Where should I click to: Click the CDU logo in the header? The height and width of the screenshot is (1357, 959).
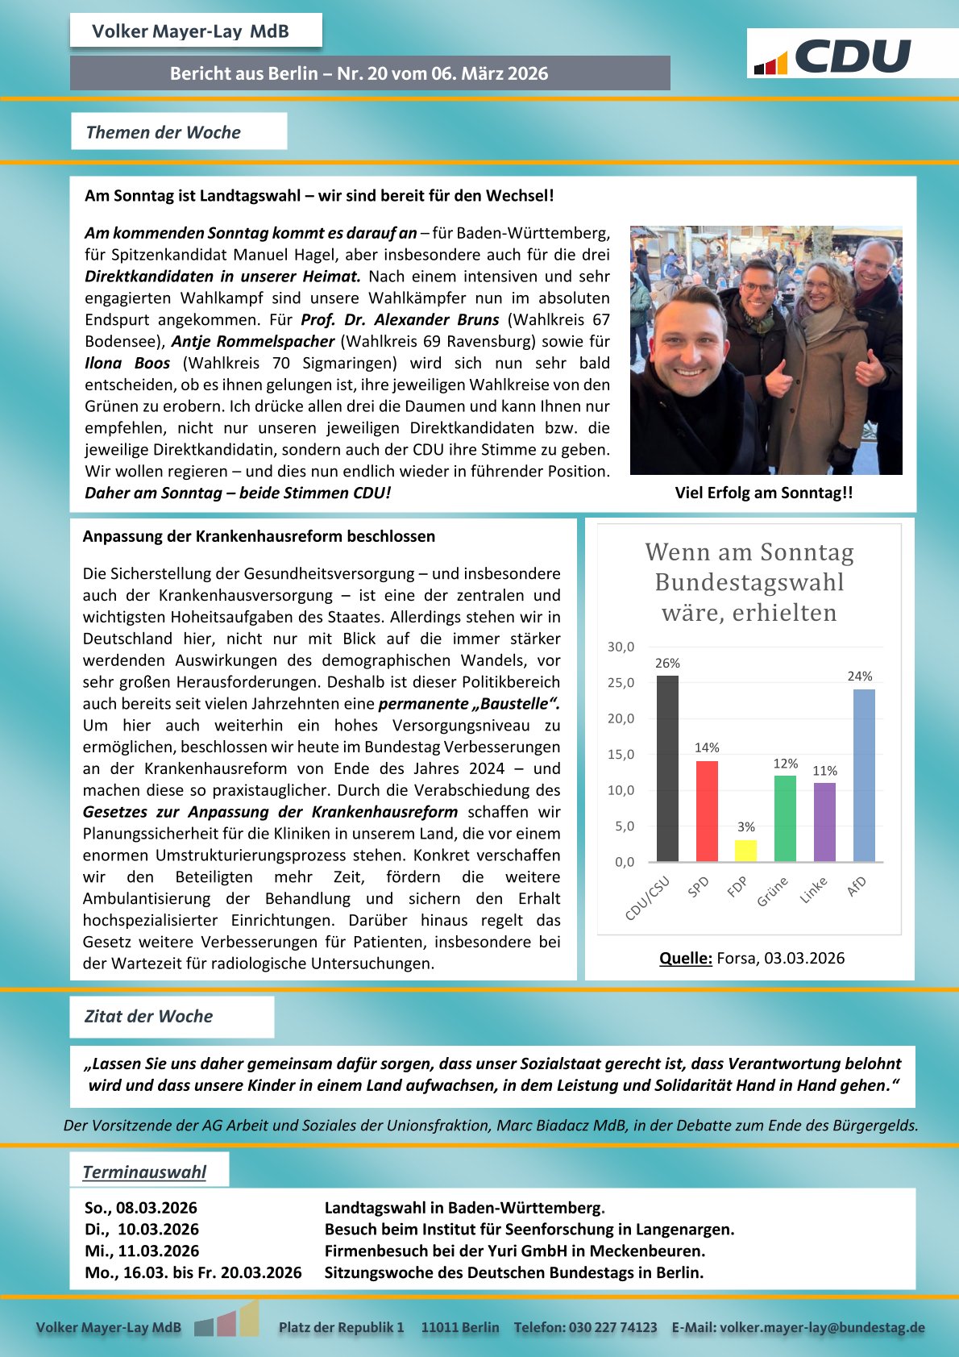(x=833, y=56)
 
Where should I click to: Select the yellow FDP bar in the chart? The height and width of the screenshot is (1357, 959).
(x=745, y=851)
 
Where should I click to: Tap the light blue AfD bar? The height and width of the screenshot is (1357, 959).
(x=864, y=776)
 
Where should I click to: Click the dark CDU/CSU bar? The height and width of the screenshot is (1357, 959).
(x=667, y=768)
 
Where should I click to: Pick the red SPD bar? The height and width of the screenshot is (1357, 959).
(x=707, y=811)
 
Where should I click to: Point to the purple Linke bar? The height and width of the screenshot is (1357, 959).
(x=824, y=822)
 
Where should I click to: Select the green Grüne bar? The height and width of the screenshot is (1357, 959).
(x=785, y=818)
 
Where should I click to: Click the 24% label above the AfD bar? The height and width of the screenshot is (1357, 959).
(x=860, y=676)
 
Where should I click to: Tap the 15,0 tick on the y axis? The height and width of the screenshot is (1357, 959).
(x=621, y=755)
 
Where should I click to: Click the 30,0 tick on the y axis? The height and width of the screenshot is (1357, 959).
(x=621, y=647)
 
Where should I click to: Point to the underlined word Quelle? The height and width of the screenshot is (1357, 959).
(x=685, y=958)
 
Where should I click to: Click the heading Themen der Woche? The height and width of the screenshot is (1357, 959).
(x=164, y=132)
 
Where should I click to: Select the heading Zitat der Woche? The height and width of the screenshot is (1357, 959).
(x=149, y=1016)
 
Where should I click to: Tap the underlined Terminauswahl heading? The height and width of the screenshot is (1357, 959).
(x=144, y=1172)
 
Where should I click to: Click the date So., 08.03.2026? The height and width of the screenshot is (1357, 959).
(x=141, y=1208)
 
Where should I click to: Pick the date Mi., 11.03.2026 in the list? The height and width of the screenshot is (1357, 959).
(x=142, y=1251)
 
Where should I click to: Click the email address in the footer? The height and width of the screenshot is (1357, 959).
(x=822, y=1327)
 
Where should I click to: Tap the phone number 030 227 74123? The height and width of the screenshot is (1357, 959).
(x=612, y=1327)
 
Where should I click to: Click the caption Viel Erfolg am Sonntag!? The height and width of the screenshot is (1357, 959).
(x=764, y=493)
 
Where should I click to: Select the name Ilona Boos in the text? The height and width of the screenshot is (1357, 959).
(x=127, y=363)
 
